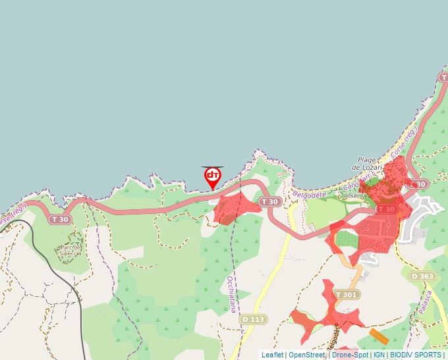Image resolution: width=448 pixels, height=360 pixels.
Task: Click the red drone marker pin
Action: [213, 176]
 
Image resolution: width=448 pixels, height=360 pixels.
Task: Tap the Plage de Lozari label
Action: [366, 164]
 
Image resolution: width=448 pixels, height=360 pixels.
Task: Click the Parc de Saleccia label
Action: [70, 250]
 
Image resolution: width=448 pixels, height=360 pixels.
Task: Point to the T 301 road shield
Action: [346, 295]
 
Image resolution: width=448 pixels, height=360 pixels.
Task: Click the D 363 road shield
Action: [422, 276]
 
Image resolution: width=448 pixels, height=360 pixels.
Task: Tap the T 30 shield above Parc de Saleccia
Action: [60, 219]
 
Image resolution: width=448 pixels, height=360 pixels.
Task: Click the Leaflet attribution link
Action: [272, 355]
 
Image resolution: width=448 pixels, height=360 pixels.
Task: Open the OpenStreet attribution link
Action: [307, 355]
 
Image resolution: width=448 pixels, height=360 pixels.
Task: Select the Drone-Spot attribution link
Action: [350, 355]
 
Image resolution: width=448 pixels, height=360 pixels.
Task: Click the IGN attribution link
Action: [379, 355]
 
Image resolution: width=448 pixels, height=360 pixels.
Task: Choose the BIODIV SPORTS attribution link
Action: [416, 355]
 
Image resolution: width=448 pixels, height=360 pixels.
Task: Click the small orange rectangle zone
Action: [378, 336]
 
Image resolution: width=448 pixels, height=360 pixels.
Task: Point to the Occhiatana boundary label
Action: [231, 294]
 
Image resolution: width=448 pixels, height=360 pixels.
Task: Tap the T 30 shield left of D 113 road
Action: [269, 201]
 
